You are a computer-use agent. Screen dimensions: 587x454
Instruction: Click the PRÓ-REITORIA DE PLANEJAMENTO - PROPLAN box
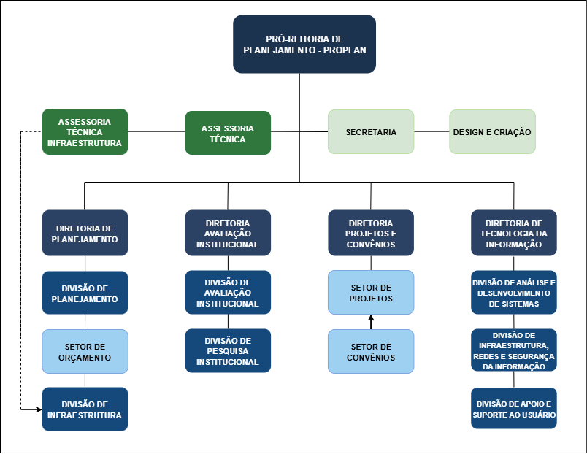point(304,45)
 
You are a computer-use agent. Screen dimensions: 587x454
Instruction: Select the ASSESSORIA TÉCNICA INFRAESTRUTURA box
point(85,131)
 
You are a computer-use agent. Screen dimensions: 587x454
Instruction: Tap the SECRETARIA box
point(371,131)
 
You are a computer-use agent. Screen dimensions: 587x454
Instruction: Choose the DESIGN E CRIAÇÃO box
point(492,131)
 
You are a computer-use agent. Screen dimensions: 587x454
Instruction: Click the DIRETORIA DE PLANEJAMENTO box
point(85,233)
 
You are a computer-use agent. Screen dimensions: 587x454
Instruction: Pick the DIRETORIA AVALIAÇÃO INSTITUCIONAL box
point(228,233)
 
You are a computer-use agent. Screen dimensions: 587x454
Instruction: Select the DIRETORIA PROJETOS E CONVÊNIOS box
point(371,233)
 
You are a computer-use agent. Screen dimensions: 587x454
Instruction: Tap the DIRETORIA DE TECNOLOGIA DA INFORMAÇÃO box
point(514,233)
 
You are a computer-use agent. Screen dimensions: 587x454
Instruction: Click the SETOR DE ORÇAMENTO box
point(85,351)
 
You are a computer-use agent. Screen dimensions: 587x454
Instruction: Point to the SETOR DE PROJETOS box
point(371,292)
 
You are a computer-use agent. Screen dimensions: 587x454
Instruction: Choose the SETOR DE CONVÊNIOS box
point(371,351)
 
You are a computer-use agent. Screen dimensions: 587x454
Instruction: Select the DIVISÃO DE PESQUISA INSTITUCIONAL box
point(228,350)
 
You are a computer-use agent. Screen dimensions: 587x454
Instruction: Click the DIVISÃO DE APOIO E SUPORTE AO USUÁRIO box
point(514,408)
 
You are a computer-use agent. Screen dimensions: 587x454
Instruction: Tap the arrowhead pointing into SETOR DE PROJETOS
point(371,318)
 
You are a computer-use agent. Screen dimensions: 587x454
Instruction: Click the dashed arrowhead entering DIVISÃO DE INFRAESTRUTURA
point(39,409)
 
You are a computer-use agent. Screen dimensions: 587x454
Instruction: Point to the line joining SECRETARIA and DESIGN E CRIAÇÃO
point(431,131)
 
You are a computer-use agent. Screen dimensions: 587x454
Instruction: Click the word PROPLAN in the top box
point(345,50)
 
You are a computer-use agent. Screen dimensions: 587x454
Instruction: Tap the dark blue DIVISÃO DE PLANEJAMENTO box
point(85,293)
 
